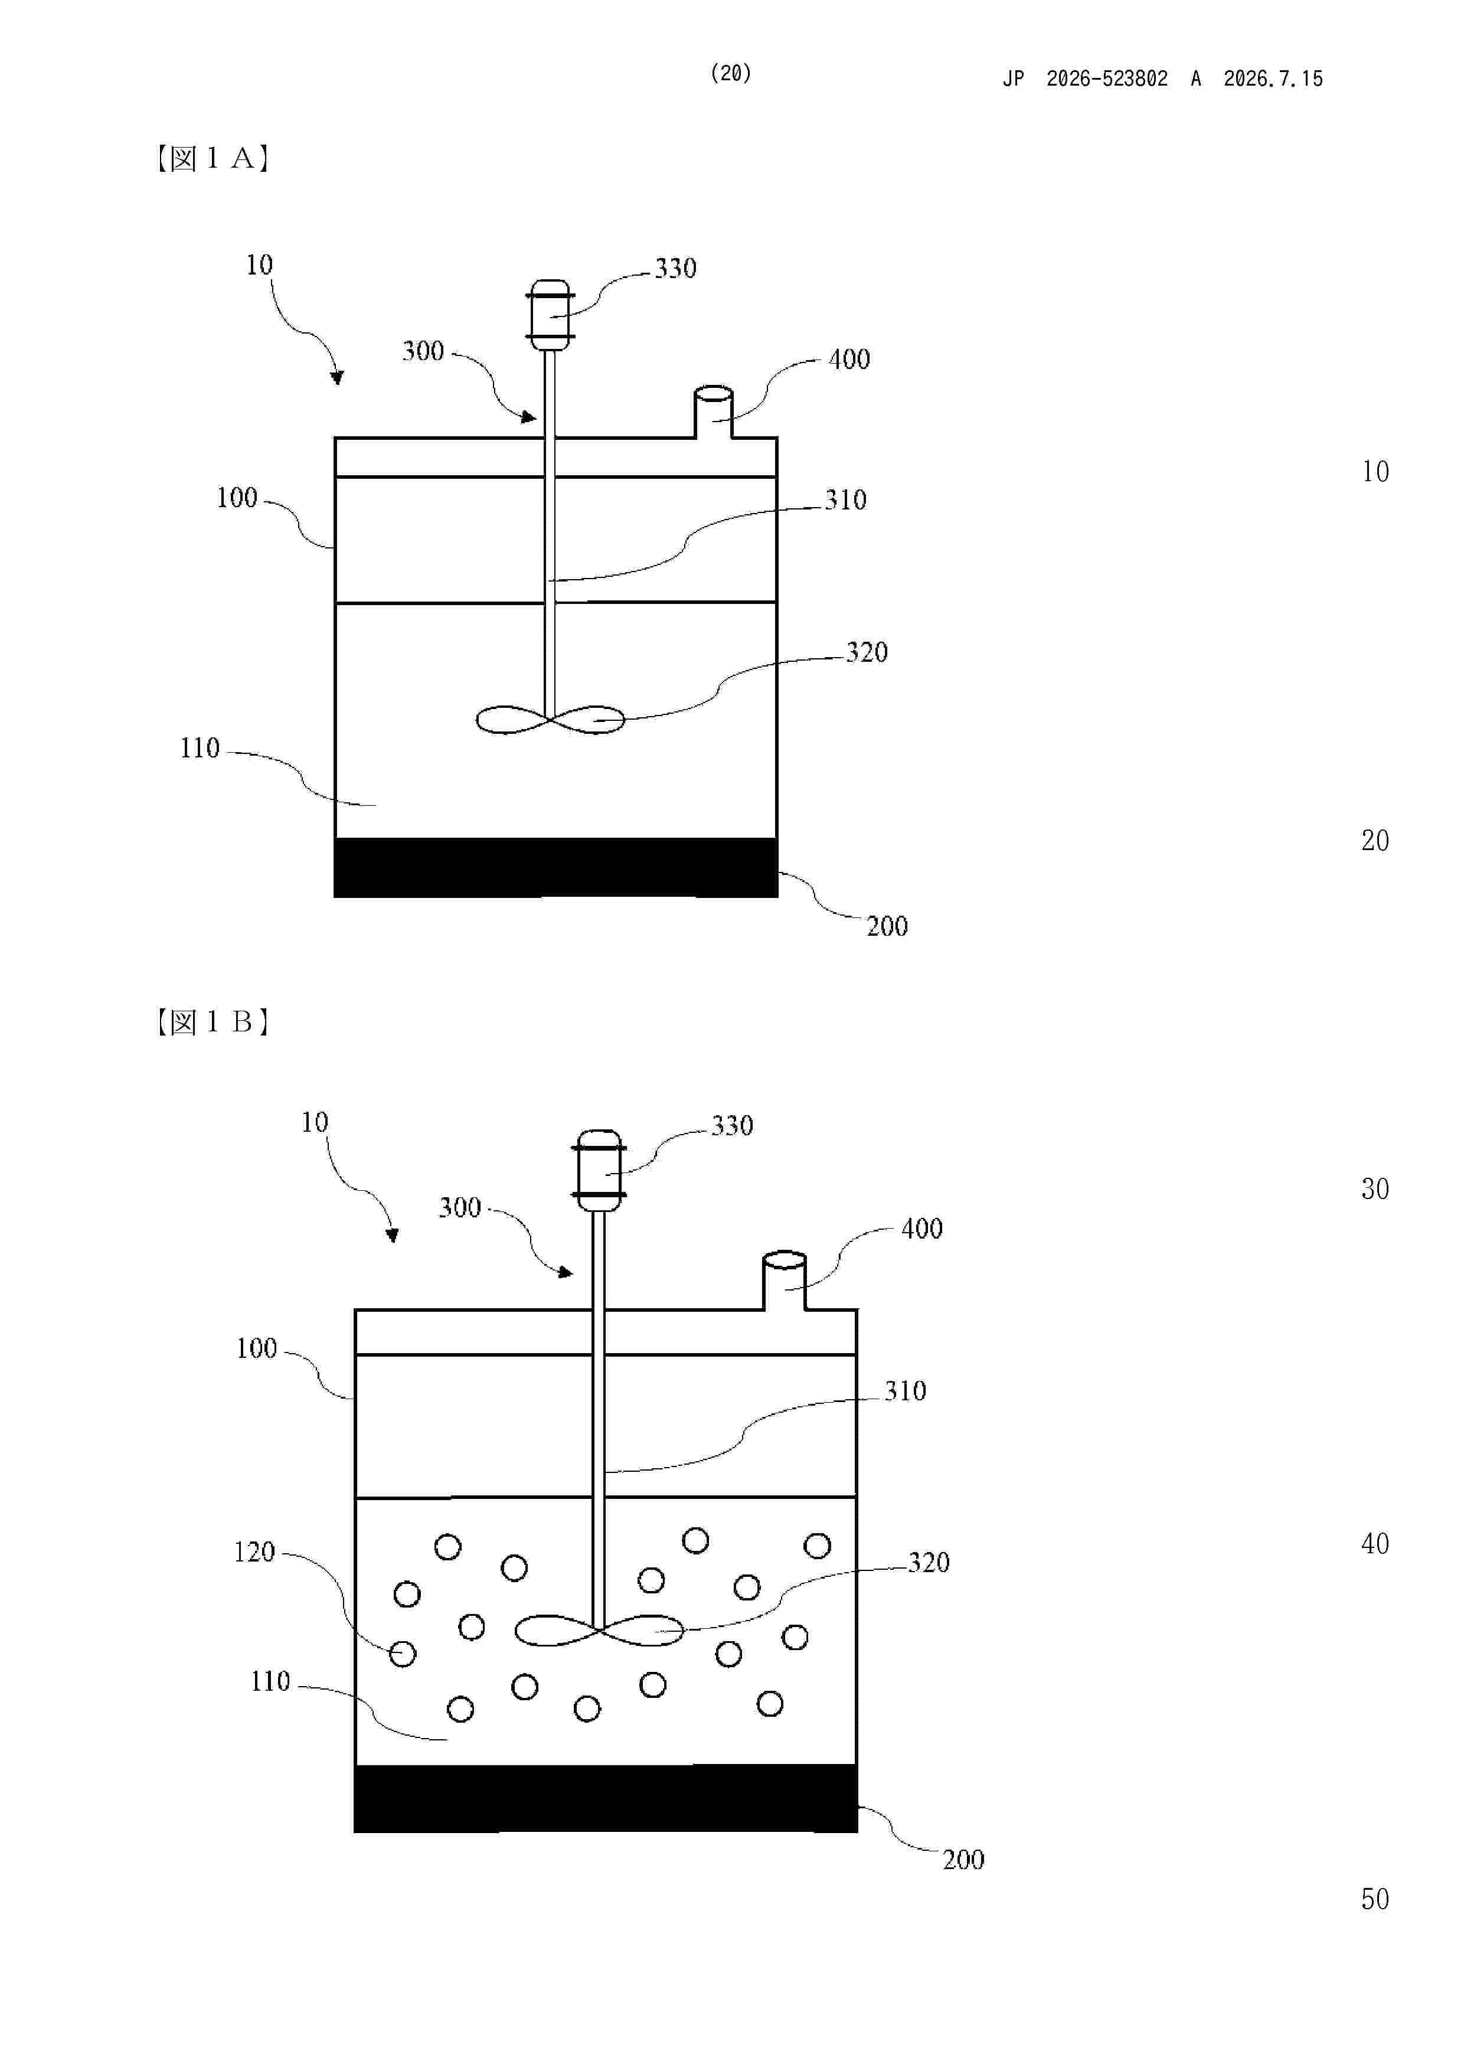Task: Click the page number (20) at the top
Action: click(731, 73)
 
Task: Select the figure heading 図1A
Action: click(213, 159)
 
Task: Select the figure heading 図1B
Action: click(213, 1022)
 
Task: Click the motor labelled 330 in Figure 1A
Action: click(550, 315)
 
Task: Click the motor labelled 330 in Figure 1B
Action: click(599, 1170)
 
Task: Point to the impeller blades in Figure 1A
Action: click(550, 719)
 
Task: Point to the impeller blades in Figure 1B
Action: click(599, 1630)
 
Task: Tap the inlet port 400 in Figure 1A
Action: click(713, 412)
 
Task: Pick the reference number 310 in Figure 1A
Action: click(845, 499)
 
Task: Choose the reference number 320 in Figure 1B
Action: click(928, 1562)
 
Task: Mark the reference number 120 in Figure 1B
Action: click(254, 1551)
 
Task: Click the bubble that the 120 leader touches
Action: click(403, 1654)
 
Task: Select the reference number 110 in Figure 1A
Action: click(200, 748)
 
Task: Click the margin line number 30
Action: click(1375, 1189)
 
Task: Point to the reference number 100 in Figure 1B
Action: click(256, 1348)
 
